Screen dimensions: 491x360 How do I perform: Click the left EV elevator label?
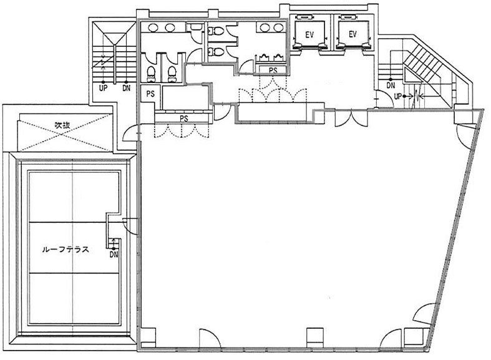click(x=309, y=34)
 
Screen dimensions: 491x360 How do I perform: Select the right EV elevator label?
click(x=352, y=34)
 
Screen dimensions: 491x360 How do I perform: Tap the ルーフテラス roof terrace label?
click(x=66, y=250)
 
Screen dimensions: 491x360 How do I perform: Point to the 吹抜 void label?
click(x=62, y=125)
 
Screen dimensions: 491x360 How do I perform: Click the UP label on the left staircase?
click(x=103, y=88)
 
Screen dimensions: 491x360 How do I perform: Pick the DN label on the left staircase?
click(x=126, y=88)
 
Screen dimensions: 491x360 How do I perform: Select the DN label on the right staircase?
click(x=391, y=85)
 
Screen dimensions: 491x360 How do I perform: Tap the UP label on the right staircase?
click(x=397, y=97)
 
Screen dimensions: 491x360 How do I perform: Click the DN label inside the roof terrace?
click(x=114, y=255)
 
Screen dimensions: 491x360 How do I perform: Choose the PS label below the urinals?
click(x=273, y=71)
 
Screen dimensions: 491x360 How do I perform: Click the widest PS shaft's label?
click(x=184, y=119)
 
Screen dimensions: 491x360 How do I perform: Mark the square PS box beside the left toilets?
click(x=150, y=94)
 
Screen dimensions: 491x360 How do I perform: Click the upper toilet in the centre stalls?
click(x=215, y=31)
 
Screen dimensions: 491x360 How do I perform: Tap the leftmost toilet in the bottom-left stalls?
click(x=151, y=74)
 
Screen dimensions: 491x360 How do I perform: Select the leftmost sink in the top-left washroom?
click(x=153, y=28)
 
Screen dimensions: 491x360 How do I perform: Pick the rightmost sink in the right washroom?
click(x=278, y=27)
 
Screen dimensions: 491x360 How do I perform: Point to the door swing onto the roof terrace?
click(x=130, y=225)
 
